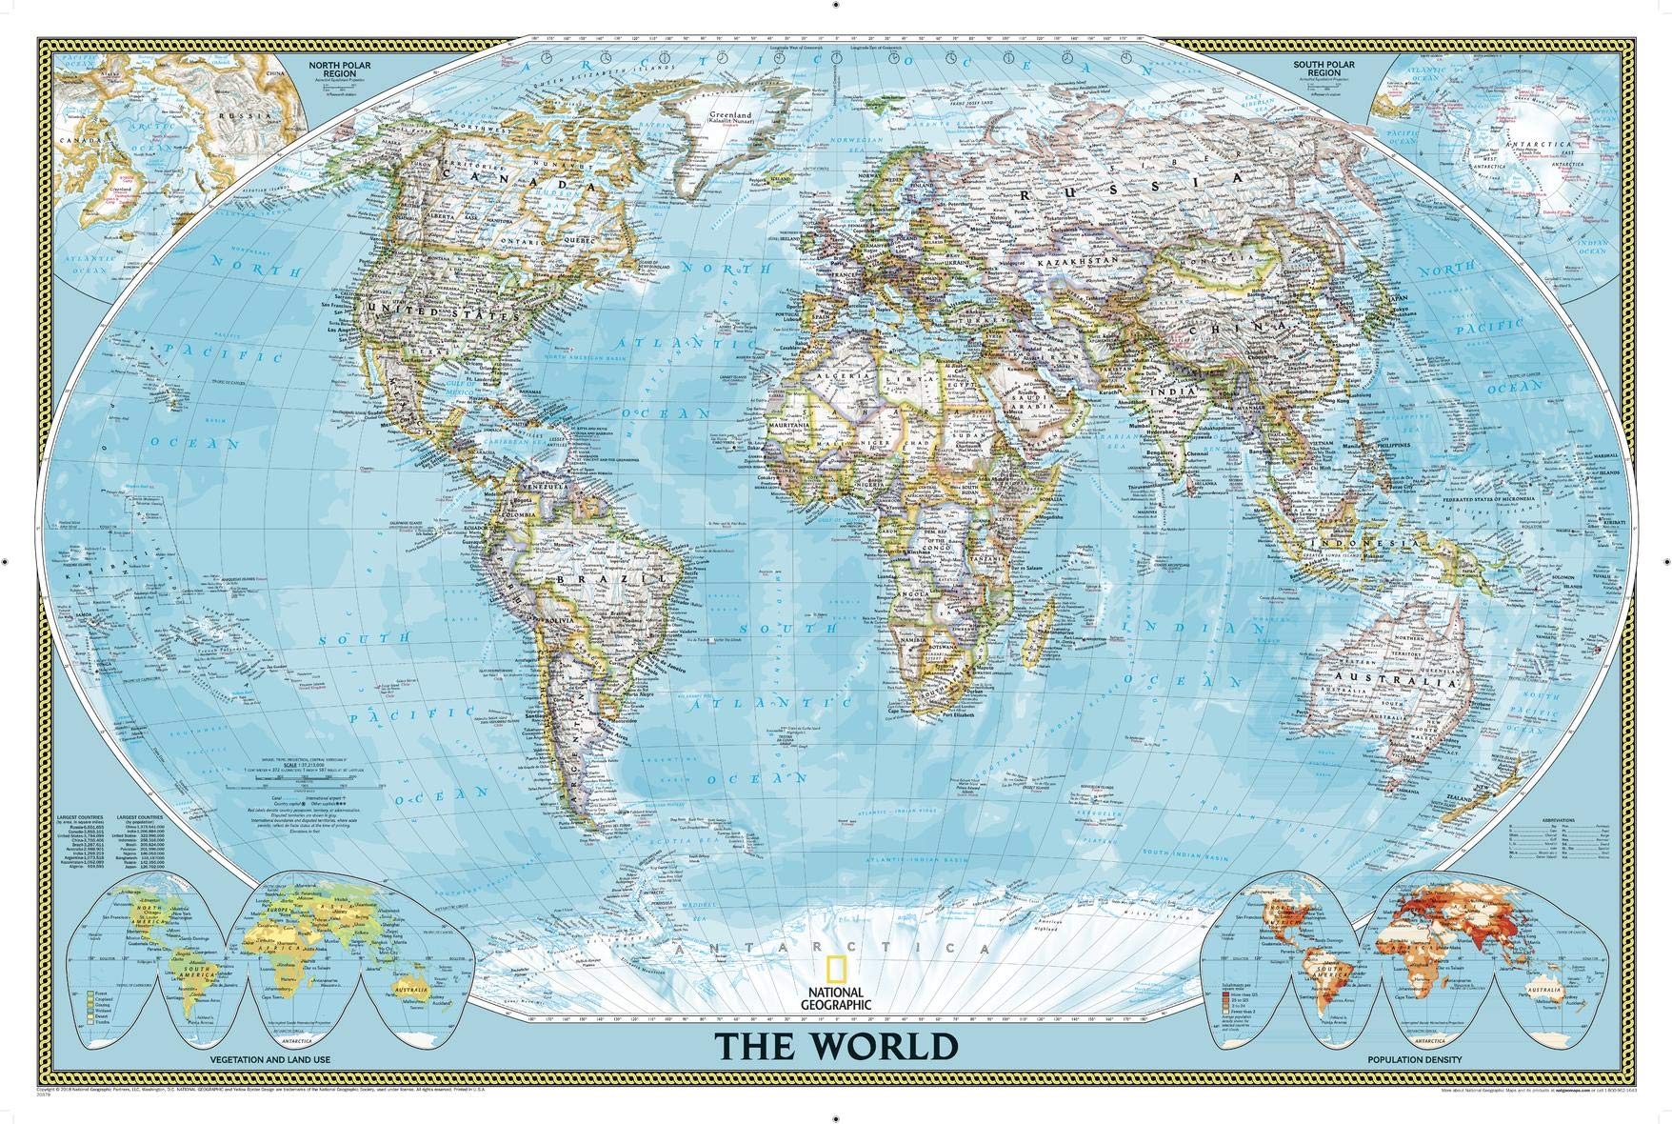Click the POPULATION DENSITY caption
1408,1059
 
